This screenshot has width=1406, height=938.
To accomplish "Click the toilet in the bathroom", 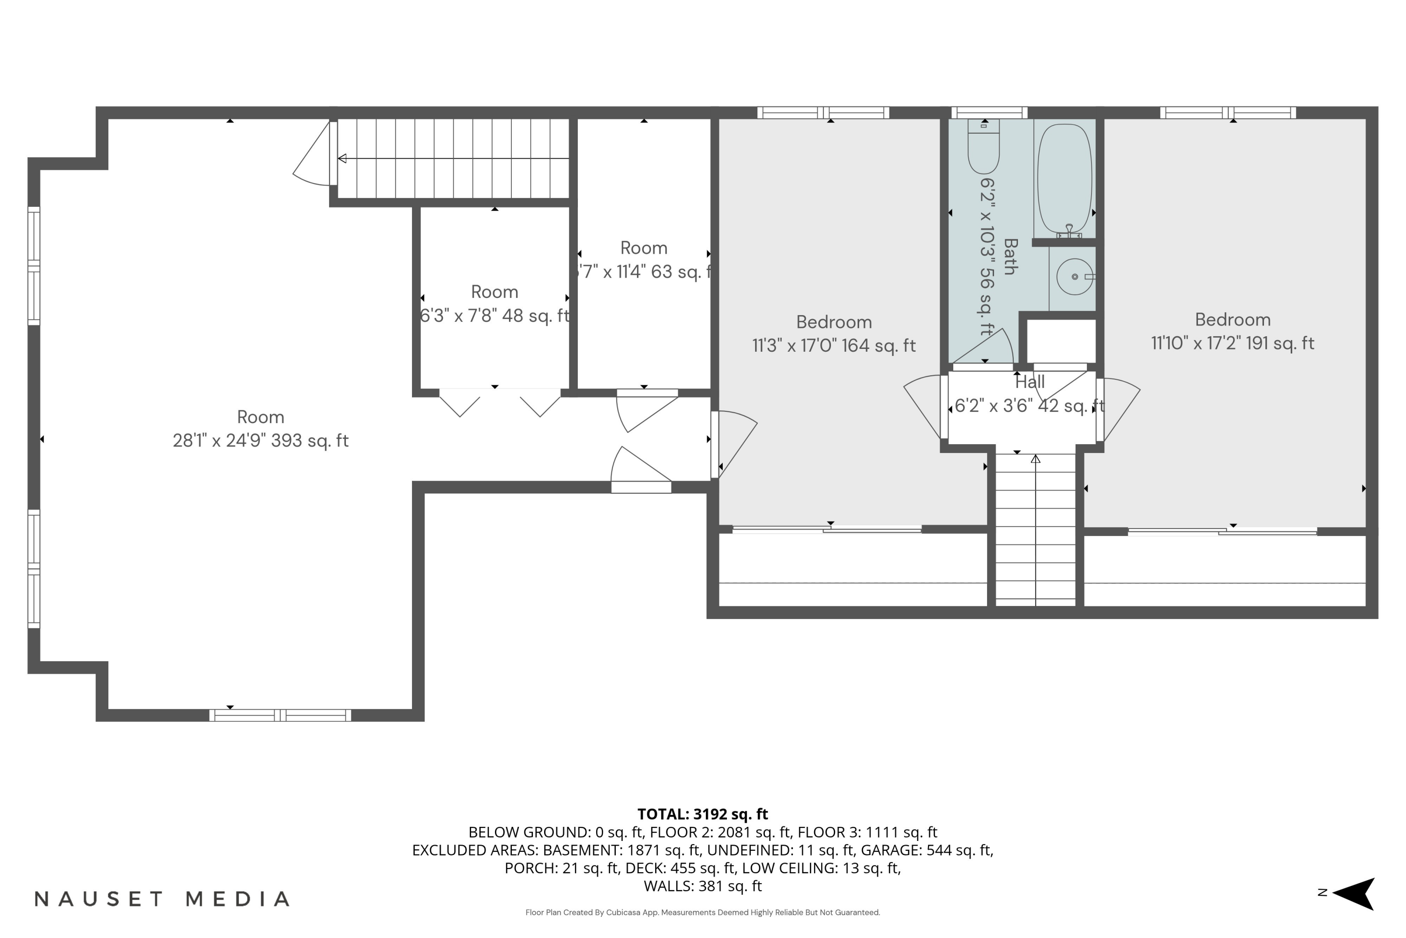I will pos(983,148).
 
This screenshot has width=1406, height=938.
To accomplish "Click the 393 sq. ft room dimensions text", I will pos(260,441).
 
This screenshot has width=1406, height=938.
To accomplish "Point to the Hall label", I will pos(1029,382).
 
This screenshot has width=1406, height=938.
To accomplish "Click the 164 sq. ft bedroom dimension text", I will pos(833,346).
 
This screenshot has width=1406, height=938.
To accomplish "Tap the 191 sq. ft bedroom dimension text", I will pos(1232,343).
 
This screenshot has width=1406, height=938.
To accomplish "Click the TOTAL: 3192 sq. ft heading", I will pos(703,814).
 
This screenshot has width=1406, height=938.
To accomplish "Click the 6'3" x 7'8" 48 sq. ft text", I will pos(494,316).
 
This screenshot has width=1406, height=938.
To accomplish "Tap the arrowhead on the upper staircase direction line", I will pos(342,159).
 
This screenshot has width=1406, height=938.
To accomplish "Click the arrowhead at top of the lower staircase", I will pos(1035,459).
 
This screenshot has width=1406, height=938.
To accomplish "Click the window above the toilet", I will pos(989,113).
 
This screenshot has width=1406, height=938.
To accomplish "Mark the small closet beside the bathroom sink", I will pos(1061,341).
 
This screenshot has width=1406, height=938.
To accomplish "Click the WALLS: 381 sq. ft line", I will pos(703,886).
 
